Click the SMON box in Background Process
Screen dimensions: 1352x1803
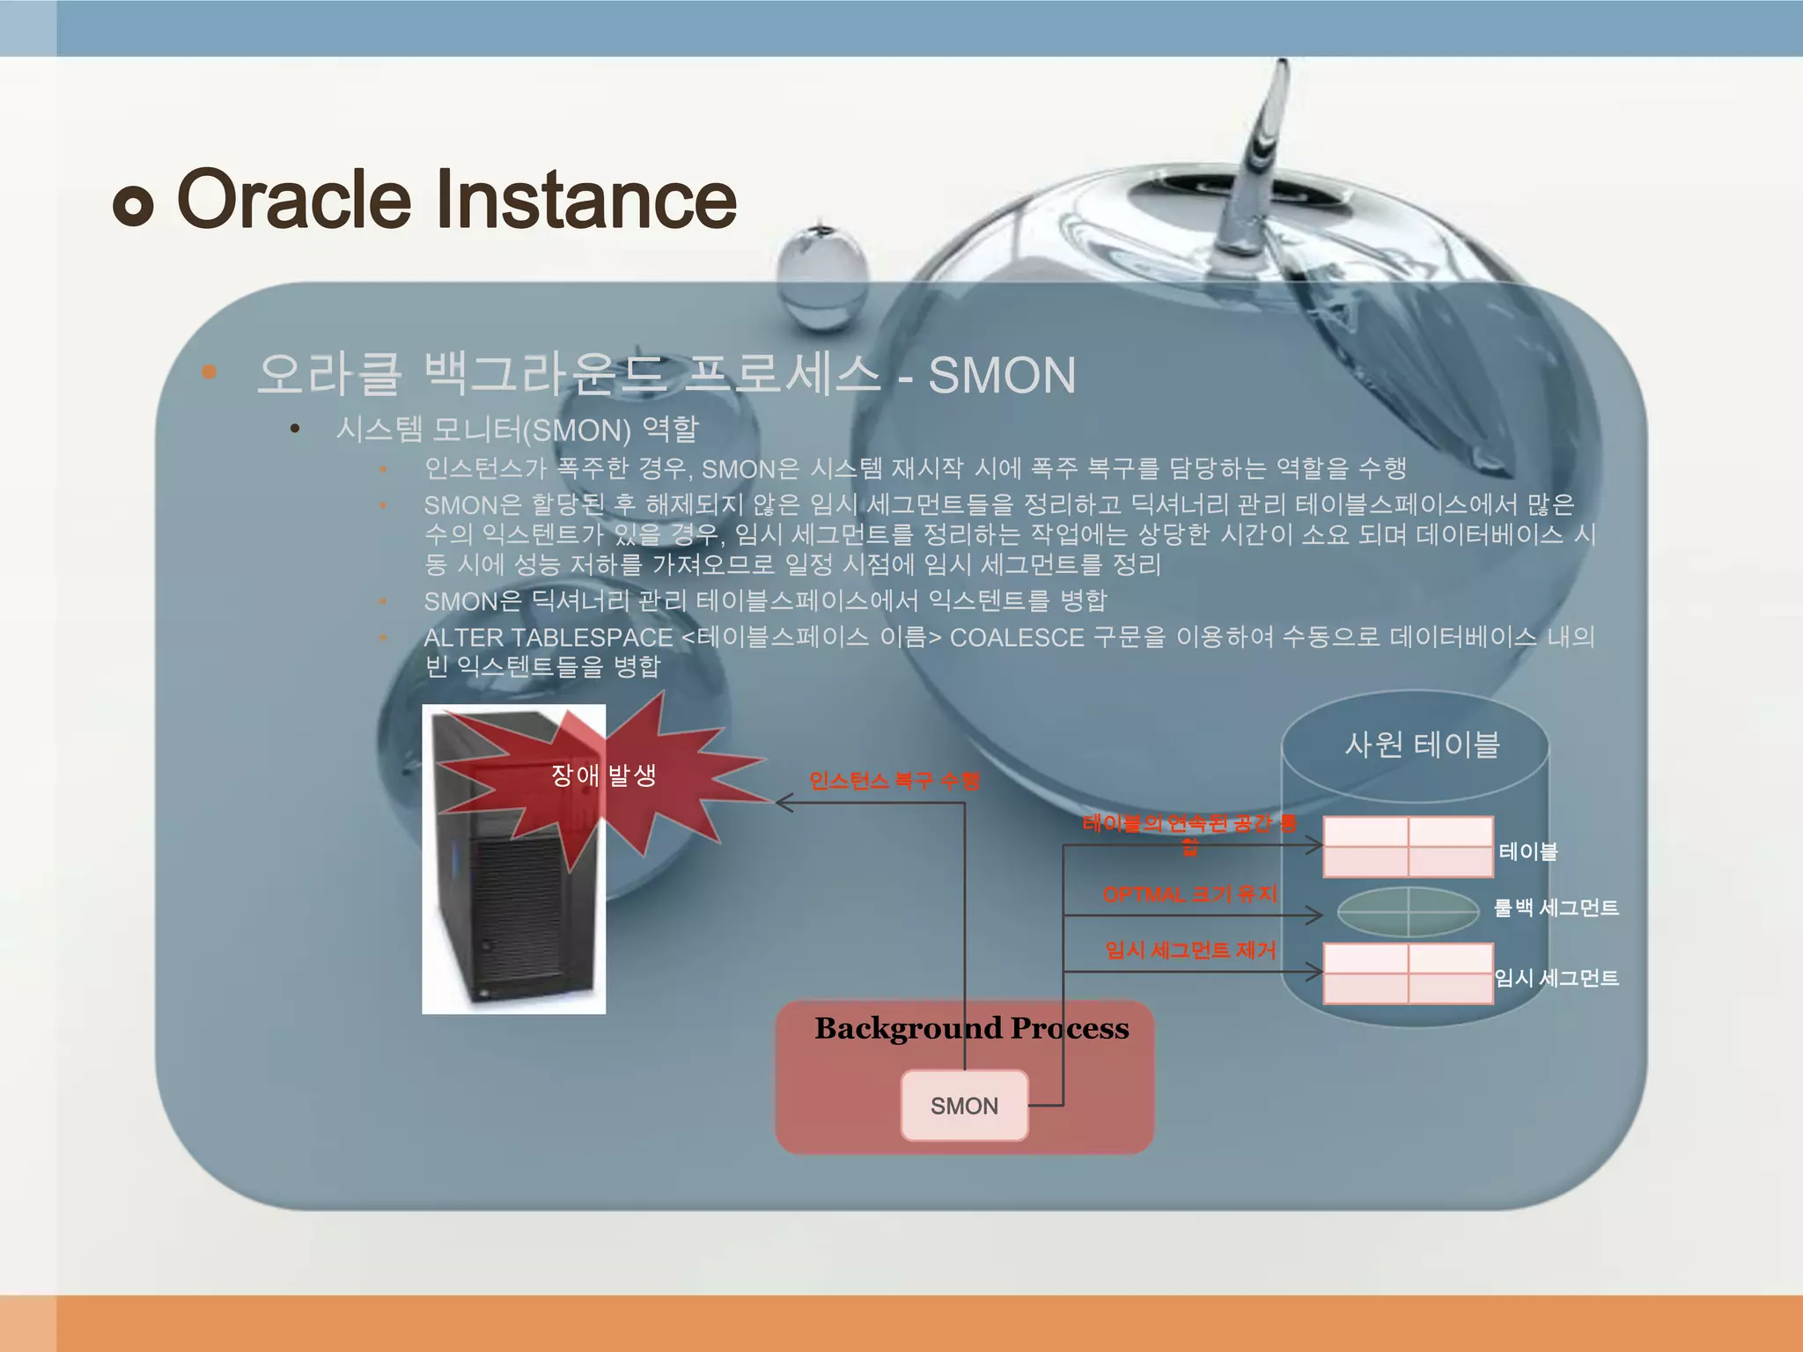tap(964, 1106)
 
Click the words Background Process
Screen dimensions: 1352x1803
tap(971, 1028)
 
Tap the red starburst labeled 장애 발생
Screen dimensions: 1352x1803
tap(604, 775)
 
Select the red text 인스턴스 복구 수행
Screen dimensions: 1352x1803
tap(894, 781)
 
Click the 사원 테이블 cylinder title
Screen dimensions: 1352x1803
tap(1422, 745)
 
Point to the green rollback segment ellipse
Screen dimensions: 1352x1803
tap(1408, 911)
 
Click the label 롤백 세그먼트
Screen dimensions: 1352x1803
tap(1556, 907)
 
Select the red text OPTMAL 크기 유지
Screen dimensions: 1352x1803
tap(1189, 894)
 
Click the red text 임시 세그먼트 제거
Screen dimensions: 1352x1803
tap(1190, 950)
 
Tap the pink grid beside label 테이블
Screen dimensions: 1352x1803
tap(1408, 847)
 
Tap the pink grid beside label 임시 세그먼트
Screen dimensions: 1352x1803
tap(1408, 974)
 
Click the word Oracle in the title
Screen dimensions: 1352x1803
tap(294, 200)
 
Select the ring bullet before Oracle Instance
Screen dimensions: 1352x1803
tap(134, 206)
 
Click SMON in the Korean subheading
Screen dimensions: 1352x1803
tap(1002, 376)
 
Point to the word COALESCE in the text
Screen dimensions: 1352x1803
tap(1017, 637)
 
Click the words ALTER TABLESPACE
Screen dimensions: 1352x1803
tap(548, 637)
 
